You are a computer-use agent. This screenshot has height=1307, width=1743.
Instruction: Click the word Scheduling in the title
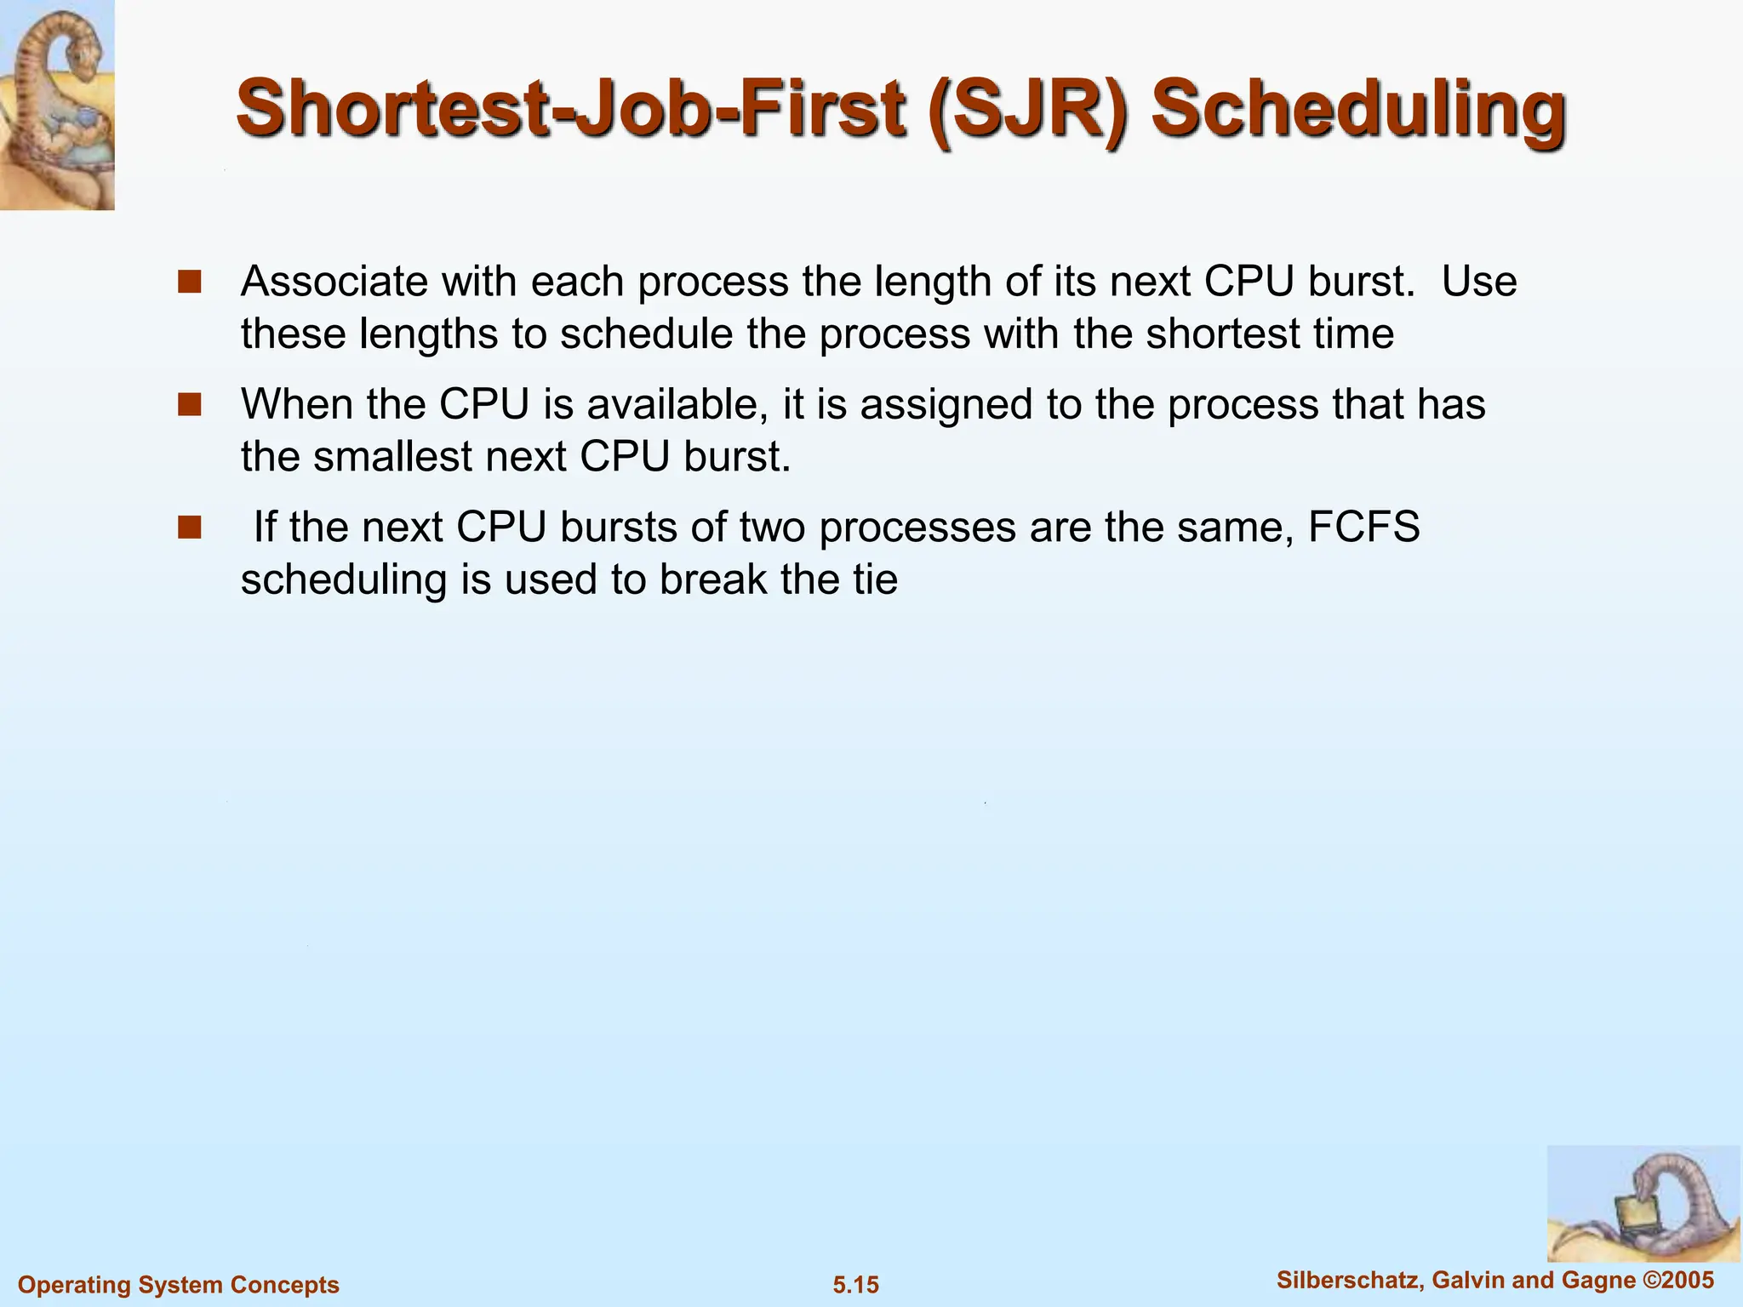tap(1358, 111)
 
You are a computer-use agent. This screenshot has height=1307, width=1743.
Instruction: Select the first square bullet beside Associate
tap(189, 282)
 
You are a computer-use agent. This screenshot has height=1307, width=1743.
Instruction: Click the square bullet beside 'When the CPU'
tap(189, 404)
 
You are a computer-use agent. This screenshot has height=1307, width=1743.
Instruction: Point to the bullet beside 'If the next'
tap(189, 528)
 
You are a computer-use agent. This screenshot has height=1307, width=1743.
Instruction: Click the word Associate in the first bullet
tap(334, 282)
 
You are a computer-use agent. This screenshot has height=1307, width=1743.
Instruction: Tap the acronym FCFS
tap(1363, 527)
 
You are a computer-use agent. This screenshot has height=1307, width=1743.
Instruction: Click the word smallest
tap(392, 457)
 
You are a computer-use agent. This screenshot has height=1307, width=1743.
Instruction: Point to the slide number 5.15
tap(855, 1285)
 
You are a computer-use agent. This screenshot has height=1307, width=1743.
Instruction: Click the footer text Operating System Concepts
tap(179, 1285)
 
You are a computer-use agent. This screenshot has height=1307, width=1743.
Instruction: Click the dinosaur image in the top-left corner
tap(57, 105)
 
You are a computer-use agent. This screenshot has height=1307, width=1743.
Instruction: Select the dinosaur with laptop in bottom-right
tap(1643, 1204)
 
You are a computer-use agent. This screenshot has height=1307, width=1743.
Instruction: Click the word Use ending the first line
tap(1479, 282)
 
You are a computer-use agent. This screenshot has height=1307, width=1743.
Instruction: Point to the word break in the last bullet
tap(713, 580)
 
